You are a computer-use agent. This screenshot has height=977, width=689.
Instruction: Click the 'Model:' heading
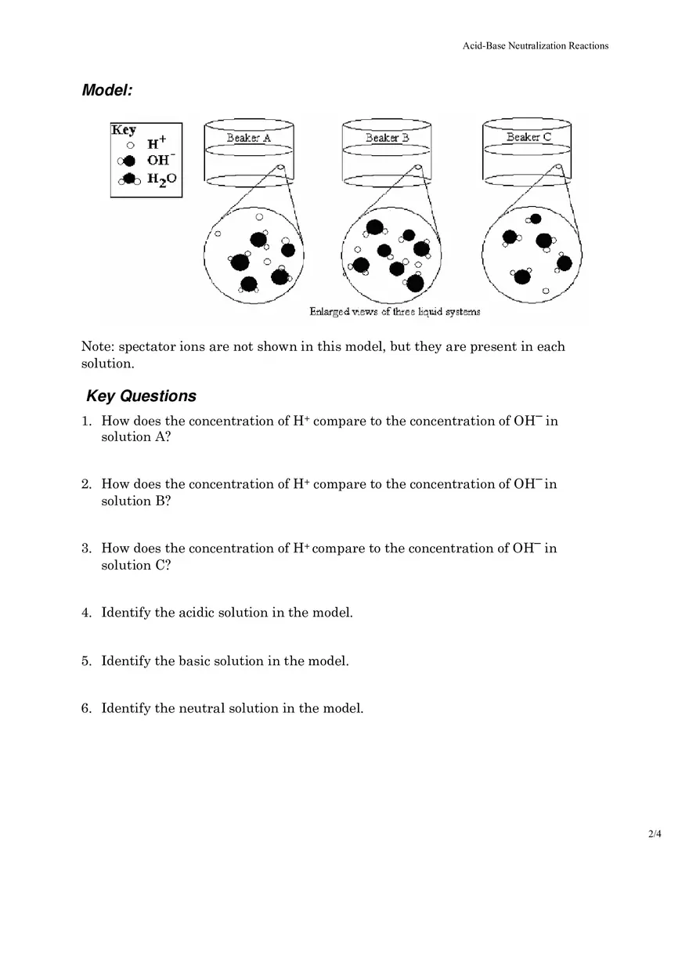coord(107,90)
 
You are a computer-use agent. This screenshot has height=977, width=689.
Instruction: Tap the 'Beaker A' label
coord(249,138)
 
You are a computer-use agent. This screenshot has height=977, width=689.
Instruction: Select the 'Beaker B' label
coord(388,138)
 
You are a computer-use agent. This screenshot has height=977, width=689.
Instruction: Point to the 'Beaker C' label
coord(528,137)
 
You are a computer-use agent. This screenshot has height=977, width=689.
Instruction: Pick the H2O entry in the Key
coord(161,179)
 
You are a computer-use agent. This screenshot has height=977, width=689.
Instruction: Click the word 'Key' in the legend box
coord(124,130)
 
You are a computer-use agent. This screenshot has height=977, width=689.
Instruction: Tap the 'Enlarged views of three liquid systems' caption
coord(395,312)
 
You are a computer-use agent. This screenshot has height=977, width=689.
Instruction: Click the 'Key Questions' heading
coord(141,396)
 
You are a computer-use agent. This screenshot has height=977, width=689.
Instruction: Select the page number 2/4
coord(655,834)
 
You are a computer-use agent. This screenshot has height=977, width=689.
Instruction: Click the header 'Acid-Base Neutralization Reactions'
coord(536,45)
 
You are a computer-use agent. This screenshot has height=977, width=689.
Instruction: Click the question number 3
coord(86,548)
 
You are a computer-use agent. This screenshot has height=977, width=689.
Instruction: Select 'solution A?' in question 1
coord(136,437)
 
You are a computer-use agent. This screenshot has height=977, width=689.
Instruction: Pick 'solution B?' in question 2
coord(136,501)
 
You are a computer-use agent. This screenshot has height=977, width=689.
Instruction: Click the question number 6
coord(86,709)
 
